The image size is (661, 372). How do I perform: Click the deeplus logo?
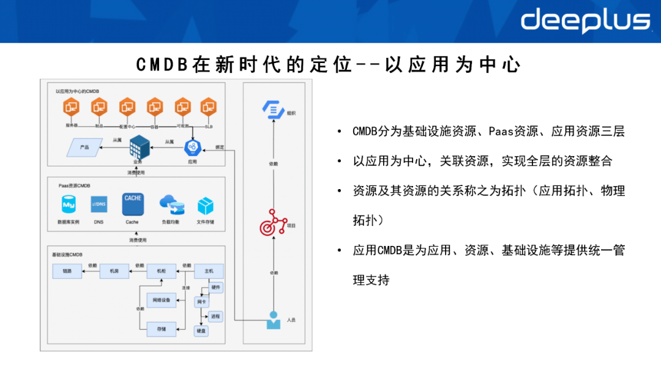585,21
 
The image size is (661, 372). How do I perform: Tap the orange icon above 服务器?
72,108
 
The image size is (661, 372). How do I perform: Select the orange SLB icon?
209,108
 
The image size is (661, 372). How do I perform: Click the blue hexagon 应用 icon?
192,147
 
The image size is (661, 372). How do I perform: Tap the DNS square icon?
99,204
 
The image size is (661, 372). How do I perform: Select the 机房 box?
114,271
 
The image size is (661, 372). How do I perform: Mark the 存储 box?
162,329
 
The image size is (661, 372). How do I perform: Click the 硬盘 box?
201,330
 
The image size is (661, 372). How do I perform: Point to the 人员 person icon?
273,320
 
